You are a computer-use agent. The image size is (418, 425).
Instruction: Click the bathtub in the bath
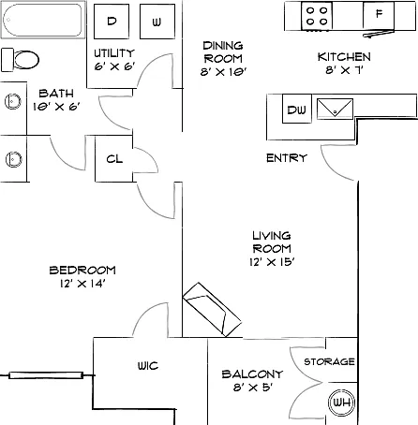pos(43,20)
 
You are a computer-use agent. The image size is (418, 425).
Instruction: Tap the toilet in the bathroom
pos(20,60)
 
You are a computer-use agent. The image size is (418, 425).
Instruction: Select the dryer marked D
pos(112,22)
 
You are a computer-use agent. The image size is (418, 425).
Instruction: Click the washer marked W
pos(157,22)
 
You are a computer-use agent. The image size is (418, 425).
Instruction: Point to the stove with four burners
pos(317,16)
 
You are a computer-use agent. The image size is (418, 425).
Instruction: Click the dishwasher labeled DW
pos(297,109)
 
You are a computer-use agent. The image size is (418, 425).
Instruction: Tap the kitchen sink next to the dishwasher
pos(335,109)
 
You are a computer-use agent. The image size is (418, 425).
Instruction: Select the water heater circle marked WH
pos(342,403)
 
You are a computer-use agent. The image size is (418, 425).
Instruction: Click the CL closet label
pos(114,159)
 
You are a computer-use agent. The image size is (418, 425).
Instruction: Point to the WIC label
pos(148,365)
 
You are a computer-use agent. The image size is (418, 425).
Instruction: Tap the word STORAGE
pos(329,361)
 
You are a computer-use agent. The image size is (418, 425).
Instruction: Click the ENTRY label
pos(287,158)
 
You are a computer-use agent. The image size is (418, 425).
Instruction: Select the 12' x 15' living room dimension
pos(272,262)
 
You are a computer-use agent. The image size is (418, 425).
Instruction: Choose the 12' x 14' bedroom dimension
pos(82,284)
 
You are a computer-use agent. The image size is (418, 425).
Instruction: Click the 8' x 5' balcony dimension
pos(253,388)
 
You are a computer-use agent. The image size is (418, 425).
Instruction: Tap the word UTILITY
pos(114,53)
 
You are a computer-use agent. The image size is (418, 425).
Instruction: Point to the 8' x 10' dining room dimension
pos(223,72)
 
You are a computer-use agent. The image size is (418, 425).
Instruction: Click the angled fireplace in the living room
pos(212,310)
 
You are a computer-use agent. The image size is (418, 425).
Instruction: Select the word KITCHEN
pos(344,57)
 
